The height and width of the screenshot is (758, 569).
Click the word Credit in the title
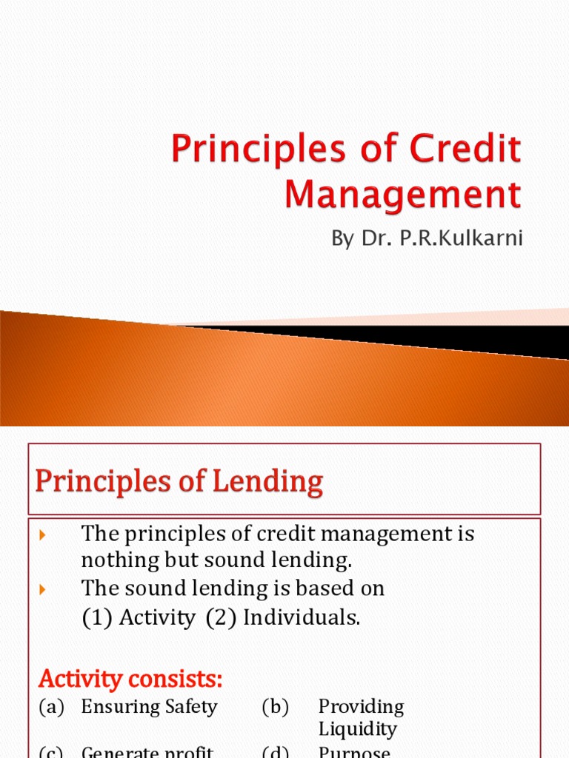[x=467, y=149]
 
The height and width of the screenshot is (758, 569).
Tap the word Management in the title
[x=403, y=195]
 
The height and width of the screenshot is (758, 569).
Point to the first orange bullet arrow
[x=41, y=534]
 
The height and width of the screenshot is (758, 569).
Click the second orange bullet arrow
[x=41, y=589]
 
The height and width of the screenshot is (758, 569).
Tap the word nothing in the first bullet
[x=119, y=561]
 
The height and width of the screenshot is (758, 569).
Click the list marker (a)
[x=52, y=706]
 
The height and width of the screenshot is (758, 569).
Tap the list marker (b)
[x=275, y=706]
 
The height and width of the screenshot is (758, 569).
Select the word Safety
[x=190, y=706]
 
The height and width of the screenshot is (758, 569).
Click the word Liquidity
[x=358, y=729]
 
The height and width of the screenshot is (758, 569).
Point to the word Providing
[x=362, y=706]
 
